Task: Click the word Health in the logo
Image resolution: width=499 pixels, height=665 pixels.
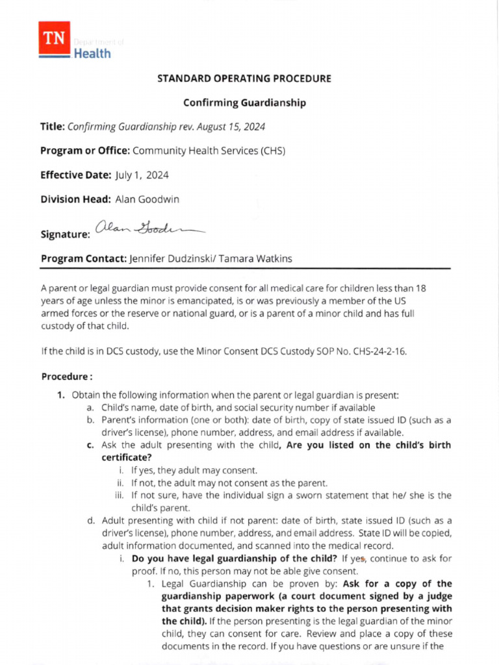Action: (92, 53)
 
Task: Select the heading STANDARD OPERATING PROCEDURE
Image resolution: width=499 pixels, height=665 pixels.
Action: (244, 79)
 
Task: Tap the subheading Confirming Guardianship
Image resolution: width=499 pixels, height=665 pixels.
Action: (244, 103)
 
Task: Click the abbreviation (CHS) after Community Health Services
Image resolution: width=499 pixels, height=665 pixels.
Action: (273, 151)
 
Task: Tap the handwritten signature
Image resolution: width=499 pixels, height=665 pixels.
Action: (148, 227)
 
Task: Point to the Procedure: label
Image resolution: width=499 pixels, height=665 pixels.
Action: (67, 377)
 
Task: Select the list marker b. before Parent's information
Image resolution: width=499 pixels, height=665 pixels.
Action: (90, 420)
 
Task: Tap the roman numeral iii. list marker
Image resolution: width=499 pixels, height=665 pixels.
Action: (121, 495)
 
